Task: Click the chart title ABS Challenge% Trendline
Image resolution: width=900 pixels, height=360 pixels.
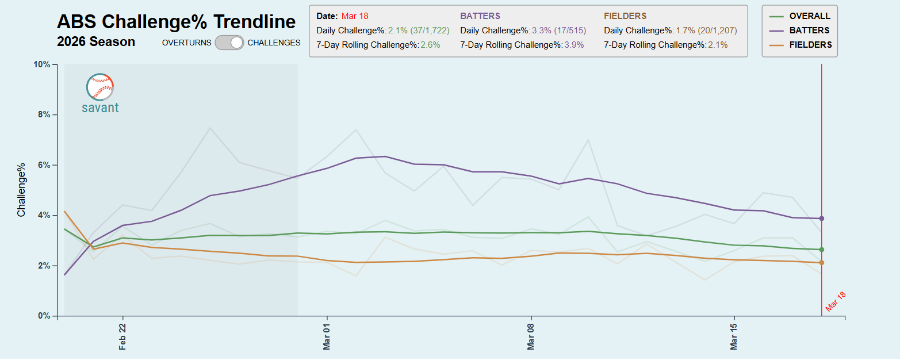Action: pyautogui.click(x=176, y=22)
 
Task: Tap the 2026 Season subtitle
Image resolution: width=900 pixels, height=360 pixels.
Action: pyautogui.click(x=96, y=42)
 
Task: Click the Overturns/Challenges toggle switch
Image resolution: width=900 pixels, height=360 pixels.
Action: pyautogui.click(x=229, y=43)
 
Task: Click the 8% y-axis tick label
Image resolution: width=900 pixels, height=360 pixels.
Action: pyautogui.click(x=44, y=115)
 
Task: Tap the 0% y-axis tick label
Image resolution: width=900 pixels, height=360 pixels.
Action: pyautogui.click(x=44, y=316)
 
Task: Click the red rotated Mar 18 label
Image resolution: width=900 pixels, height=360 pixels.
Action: pyautogui.click(x=836, y=301)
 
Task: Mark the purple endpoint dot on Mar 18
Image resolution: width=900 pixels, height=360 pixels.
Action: pyautogui.click(x=822, y=219)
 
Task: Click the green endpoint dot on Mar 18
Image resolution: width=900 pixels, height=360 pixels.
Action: pyautogui.click(x=822, y=250)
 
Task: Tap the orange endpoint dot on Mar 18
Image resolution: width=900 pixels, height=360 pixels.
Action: pyautogui.click(x=822, y=263)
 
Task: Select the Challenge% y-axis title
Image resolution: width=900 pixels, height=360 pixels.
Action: pyautogui.click(x=22, y=190)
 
